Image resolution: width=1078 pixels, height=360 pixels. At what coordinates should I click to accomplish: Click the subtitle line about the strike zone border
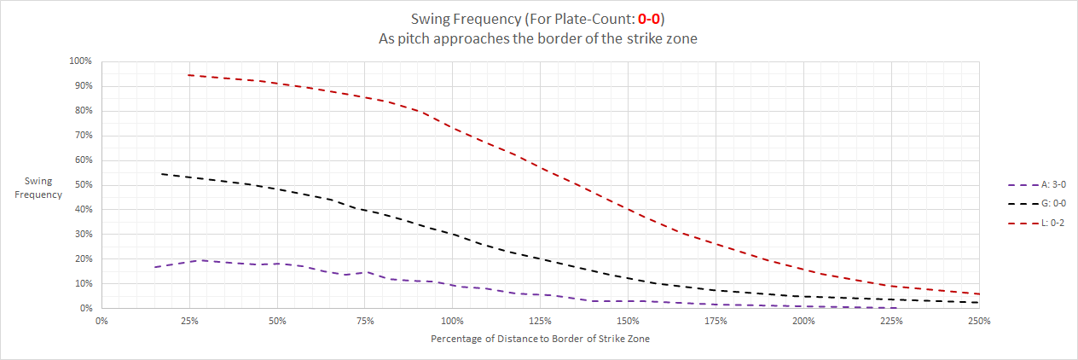tap(538, 39)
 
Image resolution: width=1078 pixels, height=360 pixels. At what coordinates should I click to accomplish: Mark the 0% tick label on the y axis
tap(85, 308)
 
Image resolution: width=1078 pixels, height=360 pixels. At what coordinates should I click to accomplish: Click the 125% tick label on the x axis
tap(540, 322)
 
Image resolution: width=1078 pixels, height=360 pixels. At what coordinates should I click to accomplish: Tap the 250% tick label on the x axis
tap(979, 322)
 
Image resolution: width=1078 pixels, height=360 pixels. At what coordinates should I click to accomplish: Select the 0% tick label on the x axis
tap(101, 322)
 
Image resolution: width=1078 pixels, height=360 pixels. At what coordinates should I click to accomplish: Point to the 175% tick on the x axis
tap(716, 322)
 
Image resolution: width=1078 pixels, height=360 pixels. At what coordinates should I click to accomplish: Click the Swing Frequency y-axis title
tap(43, 189)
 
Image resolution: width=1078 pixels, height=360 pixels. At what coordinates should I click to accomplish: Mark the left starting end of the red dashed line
tap(188, 75)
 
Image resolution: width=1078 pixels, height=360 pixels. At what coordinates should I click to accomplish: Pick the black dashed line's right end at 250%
tap(978, 302)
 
